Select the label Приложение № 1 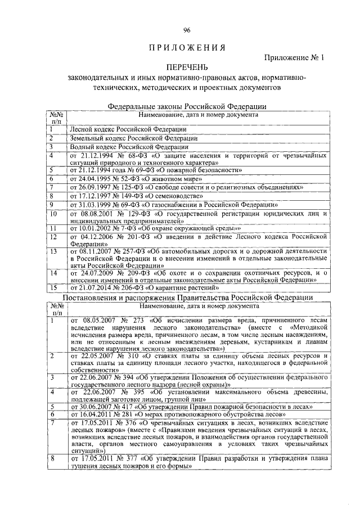point(294,58)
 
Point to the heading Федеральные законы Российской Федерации point(187,107)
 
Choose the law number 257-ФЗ point(147,250)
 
